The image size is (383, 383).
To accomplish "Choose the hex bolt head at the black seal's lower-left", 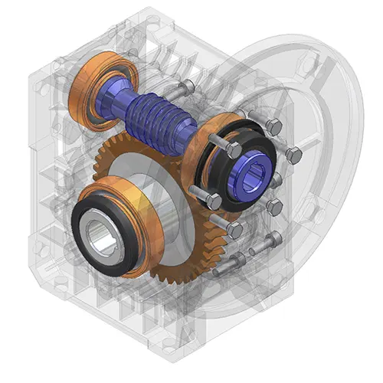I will [x=214, y=201].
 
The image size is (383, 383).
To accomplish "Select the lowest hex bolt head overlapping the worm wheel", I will [x=234, y=230].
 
